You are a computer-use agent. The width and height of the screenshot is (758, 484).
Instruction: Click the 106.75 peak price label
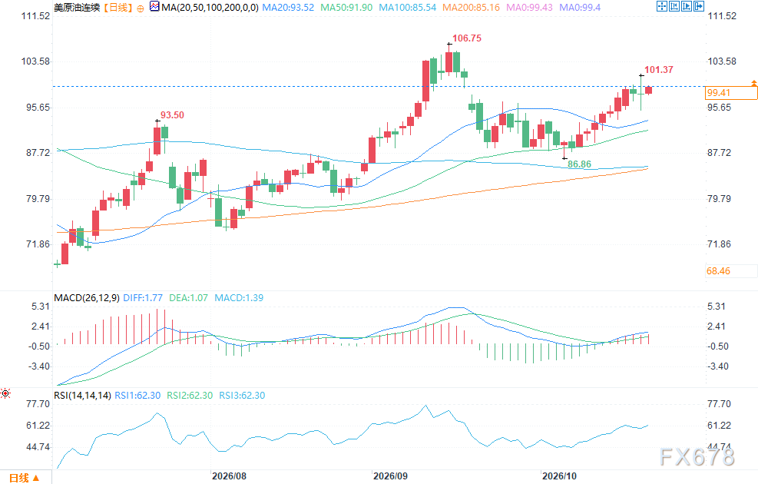pos(466,38)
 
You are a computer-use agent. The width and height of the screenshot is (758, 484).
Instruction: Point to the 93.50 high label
pos(172,115)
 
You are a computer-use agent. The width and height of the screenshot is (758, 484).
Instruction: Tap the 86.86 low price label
pos(579,164)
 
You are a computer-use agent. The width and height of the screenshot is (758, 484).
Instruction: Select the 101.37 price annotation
pos(658,70)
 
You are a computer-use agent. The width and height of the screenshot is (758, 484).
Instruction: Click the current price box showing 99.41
pos(731,93)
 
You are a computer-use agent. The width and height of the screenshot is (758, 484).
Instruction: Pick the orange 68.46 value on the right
pos(718,271)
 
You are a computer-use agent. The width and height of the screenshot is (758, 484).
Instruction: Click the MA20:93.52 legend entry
pos(288,8)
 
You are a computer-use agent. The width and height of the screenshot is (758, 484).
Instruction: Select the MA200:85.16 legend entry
pos(472,8)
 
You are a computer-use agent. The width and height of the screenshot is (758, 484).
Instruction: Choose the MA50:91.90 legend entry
pos(346,8)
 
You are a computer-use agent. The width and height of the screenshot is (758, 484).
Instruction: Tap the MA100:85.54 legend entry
pos(408,8)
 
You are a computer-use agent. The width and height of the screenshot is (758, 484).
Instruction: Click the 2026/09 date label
pos(391,476)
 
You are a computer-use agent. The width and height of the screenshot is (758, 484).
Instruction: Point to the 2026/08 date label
pos(229,476)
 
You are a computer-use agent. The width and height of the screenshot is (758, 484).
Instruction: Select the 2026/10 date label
pos(559,476)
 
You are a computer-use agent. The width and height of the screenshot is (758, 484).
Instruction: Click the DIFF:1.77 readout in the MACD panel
pos(143,298)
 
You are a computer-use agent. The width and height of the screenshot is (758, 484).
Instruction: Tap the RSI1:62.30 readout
pos(137,396)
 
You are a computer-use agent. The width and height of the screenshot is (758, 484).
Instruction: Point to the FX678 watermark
pos(697,457)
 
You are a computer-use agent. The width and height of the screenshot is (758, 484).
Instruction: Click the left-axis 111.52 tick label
pos(35,16)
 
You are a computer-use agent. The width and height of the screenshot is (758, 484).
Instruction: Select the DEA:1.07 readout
pos(188,298)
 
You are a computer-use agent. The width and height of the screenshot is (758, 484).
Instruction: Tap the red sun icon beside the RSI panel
pos(5,393)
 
